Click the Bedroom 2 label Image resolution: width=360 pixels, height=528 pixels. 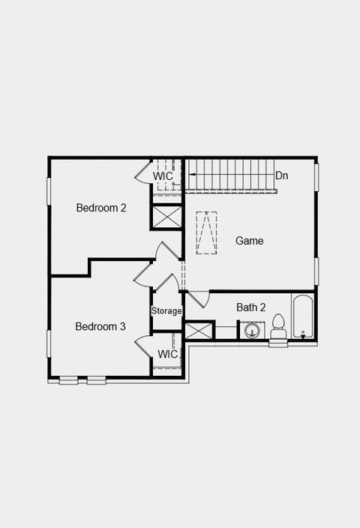coord(101,208)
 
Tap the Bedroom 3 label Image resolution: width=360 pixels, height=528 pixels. coord(100,326)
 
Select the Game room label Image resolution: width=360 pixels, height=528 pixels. coord(250,241)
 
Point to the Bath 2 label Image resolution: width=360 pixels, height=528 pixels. coord(251,307)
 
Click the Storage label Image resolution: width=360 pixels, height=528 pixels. coord(166,310)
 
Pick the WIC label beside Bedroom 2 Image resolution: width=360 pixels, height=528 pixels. coord(163,176)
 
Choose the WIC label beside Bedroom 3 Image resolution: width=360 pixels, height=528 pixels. coord(168,354)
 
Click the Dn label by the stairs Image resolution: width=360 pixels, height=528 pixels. coord(282,175)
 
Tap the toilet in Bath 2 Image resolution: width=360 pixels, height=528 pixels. coord(278,327)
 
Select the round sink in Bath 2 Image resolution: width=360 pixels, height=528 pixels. coord(251,331)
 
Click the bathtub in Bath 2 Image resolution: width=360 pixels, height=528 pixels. coord(303,318)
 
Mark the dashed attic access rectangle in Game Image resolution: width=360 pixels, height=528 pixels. coord(206,232)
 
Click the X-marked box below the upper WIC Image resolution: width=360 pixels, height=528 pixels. coord(166,217)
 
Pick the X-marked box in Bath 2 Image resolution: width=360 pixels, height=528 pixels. coord(199,331)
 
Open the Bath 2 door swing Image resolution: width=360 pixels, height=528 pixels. coord(195,299)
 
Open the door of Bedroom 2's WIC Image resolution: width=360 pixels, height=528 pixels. coord(143,175)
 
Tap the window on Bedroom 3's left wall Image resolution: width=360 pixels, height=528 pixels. coord(49,343)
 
